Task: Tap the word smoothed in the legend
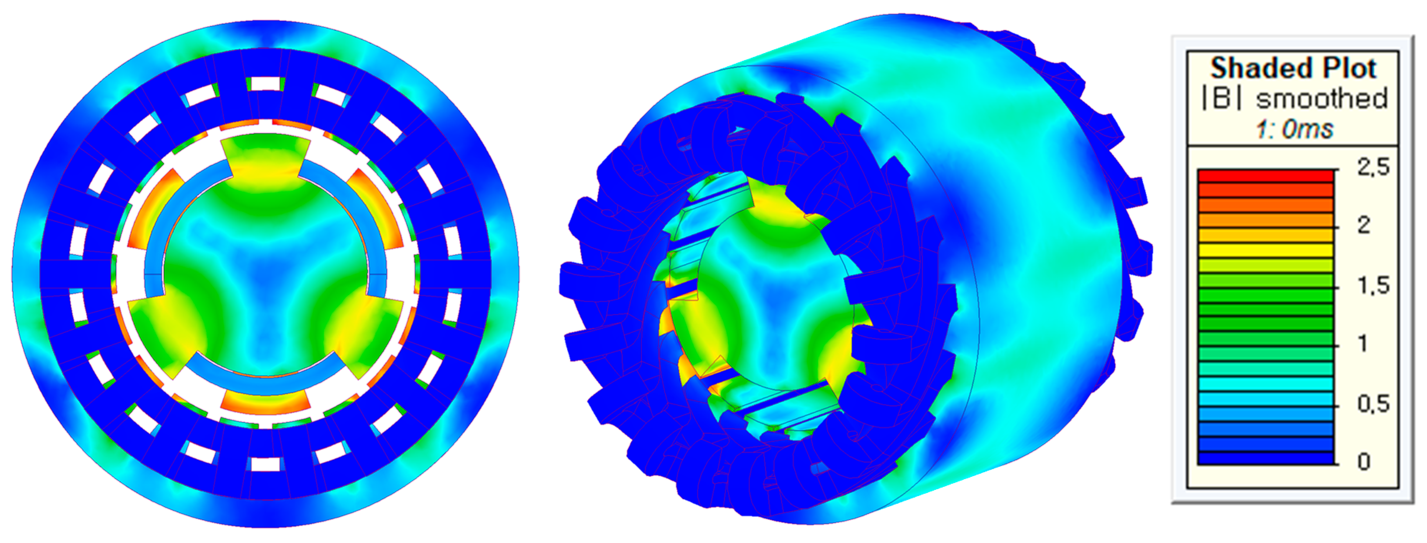[x=1321, y=99]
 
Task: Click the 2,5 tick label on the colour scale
[x=1373, y=166]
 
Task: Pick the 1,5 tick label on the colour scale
[x=1373, y=285]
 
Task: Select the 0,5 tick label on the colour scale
[x=1373, y=404]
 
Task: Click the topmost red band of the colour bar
[x=1265, y=175]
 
